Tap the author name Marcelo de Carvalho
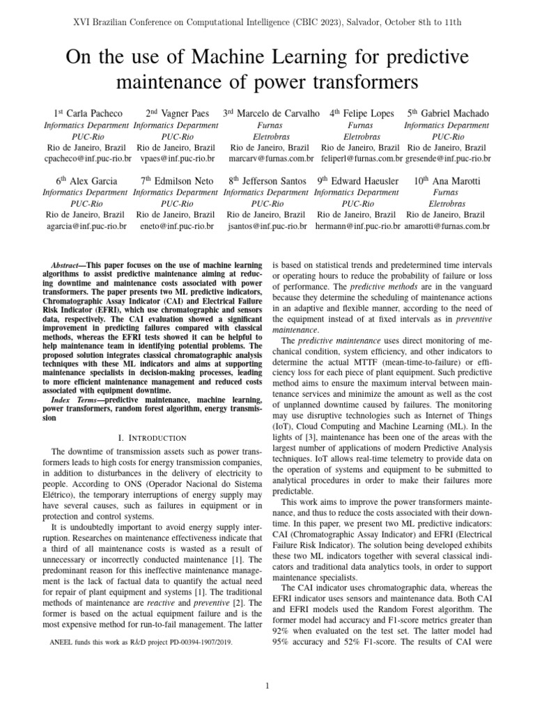(278, 113)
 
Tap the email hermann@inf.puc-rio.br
(358, 226)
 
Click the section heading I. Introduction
(153, 437)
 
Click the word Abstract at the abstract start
(69, 267)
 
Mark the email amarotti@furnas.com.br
(447, 226)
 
